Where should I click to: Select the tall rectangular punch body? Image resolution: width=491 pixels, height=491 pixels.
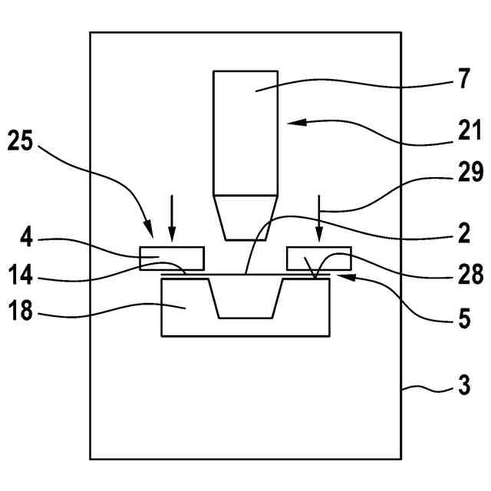click(245, 130)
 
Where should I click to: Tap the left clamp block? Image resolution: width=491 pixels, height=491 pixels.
click(172, 258)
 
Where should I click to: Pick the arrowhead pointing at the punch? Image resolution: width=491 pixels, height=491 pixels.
click(291, 122)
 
